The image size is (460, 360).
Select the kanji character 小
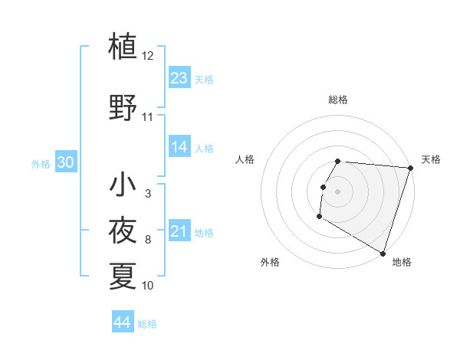pyautogui.click(x=123, y=185)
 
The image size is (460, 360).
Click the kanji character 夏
pyautogui.click(x=123, y=275)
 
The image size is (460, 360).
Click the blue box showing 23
pyautogui.click(x=179, y=78)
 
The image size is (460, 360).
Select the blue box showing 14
pyautogui.click(x=179, y=147)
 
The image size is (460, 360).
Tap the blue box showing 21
pyautogui.click(x=179, y=232)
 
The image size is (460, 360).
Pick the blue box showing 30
pyautogui.click(x=65, y=162)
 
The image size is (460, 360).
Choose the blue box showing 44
pyautogui.click(x=123, y=323)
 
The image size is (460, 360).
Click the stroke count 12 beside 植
pyautogui.click(x=148, y=56)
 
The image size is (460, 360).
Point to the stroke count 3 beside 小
pyautogui.click(x=148, y=194)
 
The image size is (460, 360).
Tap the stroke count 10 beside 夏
pyautogui.click(x=148, y=286)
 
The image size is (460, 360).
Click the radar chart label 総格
pyautogui.click(x=338, y=100)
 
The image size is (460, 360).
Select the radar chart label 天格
pyautogui.click(x=431, y=159)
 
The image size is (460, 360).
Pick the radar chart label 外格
pyautogui.click(x=270, y=262)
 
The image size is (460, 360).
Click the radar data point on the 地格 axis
pyautogui.click(x=383, y=254)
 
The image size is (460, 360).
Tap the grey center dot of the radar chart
pyautogui.click(x=338, y=191)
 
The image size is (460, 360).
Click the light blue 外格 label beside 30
pyautogui.click(x=41, y=163)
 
